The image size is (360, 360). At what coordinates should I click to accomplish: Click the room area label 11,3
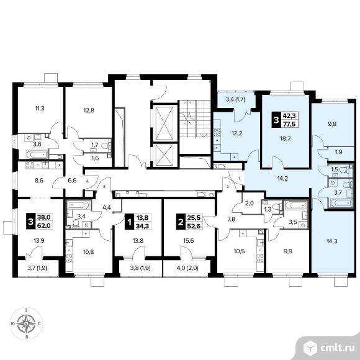pyautogui.click(x=40, y=108)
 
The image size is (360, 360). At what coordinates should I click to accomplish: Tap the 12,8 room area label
pyautogui.click(x=89, y=110)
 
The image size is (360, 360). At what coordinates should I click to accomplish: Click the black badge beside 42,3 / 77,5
pyautogui.click(x=276, y=120)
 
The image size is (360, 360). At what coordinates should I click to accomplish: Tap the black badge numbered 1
pyautogui.click(x=129, y=222)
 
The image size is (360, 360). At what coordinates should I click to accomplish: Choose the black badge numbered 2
pyautogui.click(x=181, y=222)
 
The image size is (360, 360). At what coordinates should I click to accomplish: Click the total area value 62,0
pyautogui.click(x=43, y=226)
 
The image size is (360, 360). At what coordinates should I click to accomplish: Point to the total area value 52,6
pyautogui.click(x=194, y=226)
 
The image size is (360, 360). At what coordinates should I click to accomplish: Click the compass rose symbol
pyautogui.click(x=26, y=323)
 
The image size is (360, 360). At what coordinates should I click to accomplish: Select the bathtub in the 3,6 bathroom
pyautogui.click(x=37, y=154)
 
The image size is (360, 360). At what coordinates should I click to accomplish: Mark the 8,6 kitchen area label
pyautogui.click(x=39, y=181)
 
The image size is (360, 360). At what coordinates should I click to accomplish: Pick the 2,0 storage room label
pyautogui.click(x=250, y=203)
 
